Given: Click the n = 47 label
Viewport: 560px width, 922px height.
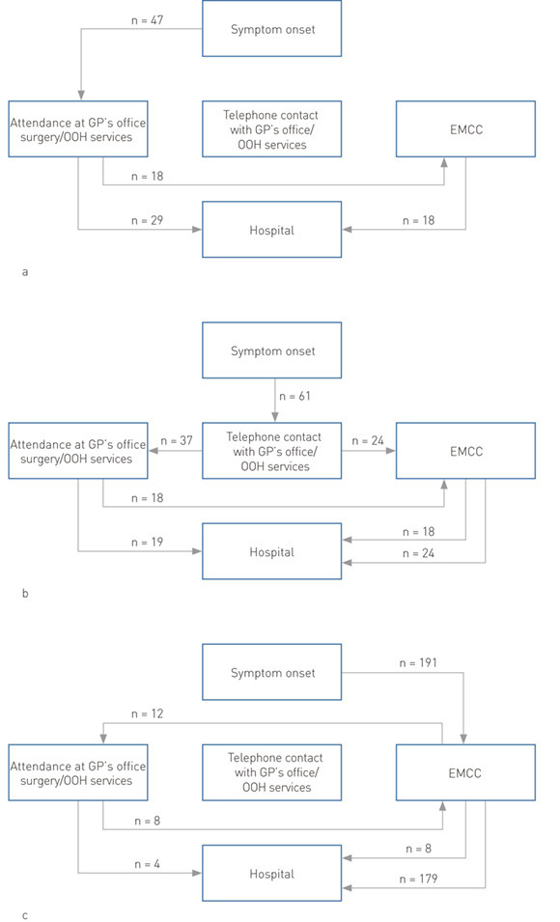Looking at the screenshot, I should (x=146, y=18).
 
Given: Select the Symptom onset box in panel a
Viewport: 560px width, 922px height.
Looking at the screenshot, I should (x=271, y=29).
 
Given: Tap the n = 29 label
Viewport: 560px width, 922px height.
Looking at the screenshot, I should (x=147, y=220).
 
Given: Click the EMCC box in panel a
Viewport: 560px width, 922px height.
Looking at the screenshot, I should (x=465, y=127).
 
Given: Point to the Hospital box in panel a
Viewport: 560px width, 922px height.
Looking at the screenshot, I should (x=271, y=230).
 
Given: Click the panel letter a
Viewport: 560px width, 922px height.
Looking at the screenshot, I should (x=24, y=272).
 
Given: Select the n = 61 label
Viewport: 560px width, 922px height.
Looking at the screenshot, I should (x=300, y=395).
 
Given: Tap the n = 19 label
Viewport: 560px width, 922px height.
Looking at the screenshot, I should (x=147, y=542).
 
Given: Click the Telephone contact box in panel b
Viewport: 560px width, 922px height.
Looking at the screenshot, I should (x=271, y=450).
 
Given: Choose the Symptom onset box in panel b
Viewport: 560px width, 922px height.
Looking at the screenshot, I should (x=271, y=350).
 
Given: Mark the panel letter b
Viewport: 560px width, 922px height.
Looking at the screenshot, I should (x=24, y=594).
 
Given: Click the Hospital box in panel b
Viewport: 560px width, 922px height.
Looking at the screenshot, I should (x=271, y=551).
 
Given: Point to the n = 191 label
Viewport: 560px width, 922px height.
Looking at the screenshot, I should (x=418, y=664).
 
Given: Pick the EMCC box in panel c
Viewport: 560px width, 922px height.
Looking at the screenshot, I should (x=465, y=771).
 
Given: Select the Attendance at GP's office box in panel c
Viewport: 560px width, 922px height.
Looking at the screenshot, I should (x=77, y=771).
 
